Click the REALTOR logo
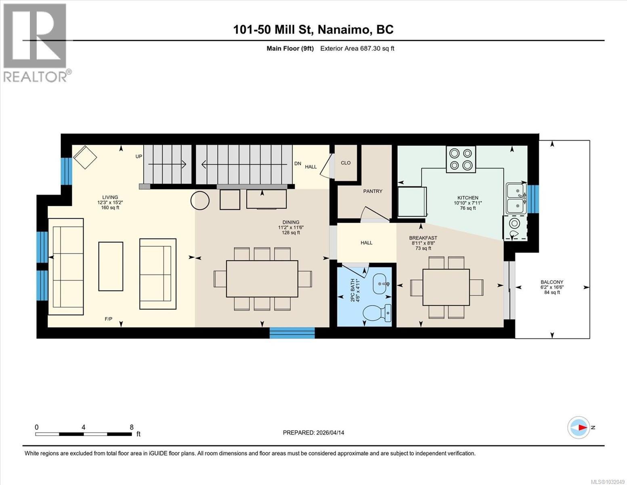pyautogui.click(x=36, y=42)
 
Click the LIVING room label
pyautogui.click(x=110, y=197)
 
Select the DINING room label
pyautogui.click(x=291, y=222)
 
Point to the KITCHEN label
pyautogui.click(x=468, y=198)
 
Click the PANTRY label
pyautogui.click(x=372, y=191)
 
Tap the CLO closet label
pyautogui.click(x=346, y=163)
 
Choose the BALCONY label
pyautogui.click(x=552, y=282)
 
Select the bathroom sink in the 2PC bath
pyautogui.click(x=381, y=284)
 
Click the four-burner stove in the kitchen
pyautogui.click(x=461, y=159)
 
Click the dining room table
pyautogui.click(x=262, y=279)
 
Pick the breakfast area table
pyautogui.click(x=446, y=287)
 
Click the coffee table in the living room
pyautogui.click(x=111, y=266)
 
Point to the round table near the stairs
pyautogui.click(x=200, y=200)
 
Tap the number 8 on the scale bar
pyautogui.click(x=132, y=427)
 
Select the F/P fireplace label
pyautogui.click(x=108, y=319)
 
